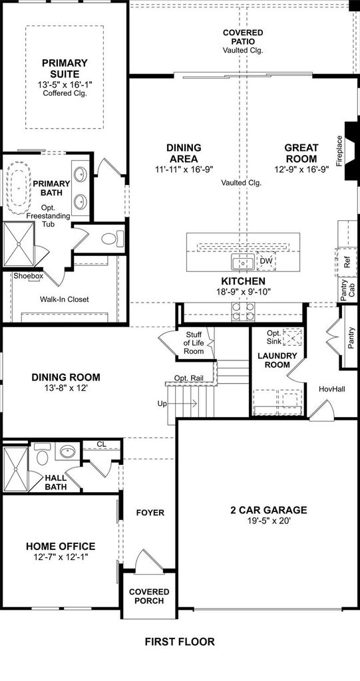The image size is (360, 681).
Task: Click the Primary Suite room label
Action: [x=65, y=68]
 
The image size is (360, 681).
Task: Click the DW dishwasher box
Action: [x=266, y=261]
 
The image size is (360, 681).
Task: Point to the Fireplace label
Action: [x=339, y=151]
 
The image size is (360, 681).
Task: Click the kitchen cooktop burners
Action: [x=243, y=311]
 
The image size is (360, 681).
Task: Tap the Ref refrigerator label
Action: [x=347, y=262]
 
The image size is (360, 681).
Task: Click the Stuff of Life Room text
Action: [x=194, y=342]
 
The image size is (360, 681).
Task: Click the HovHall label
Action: [x=332, y=389]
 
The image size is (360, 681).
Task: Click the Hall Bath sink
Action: [x=67, y=452]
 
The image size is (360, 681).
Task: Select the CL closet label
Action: [x=101, y=444]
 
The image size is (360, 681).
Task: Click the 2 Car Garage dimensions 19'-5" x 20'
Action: [x=269, y=521]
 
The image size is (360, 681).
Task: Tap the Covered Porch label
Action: [x=149, y=597]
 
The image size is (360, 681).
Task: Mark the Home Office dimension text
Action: [x=61, y=557]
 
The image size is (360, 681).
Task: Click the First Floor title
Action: [x=180, y=642]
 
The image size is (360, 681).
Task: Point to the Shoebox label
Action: [x=28, y=276]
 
